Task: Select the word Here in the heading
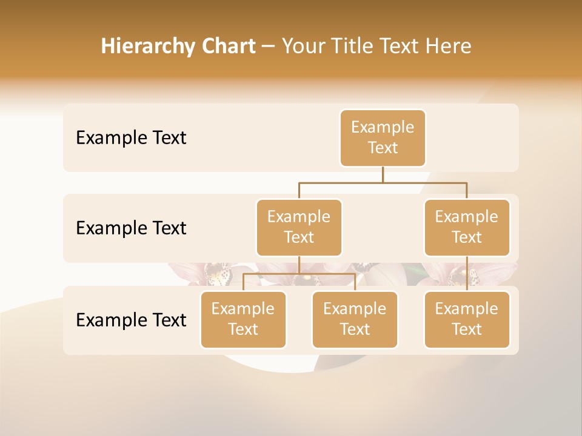449,47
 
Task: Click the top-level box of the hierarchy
383,137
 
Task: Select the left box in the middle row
299,227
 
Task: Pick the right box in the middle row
467,227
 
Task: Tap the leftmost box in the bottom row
243,319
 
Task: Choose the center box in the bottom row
355,319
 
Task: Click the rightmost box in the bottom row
467,319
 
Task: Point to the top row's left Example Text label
131,138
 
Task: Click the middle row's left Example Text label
131,228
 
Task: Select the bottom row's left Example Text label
131,320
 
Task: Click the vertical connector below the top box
383,174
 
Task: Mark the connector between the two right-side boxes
467,273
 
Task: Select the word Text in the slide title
398,47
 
